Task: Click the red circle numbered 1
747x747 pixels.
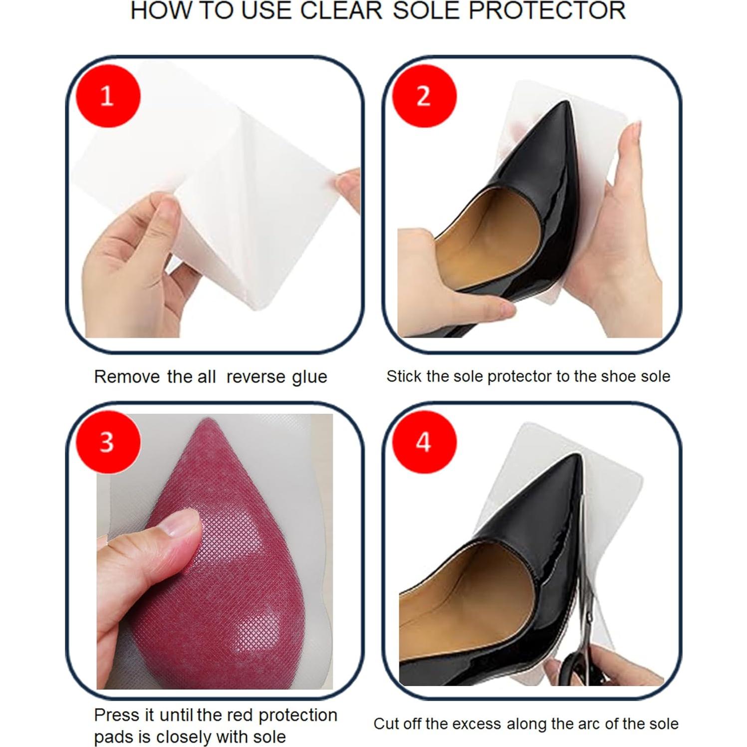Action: [108, 95]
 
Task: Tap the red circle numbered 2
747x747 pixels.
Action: [424, 95]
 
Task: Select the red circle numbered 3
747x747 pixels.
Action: [108, 442]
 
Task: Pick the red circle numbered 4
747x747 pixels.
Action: [424, 442]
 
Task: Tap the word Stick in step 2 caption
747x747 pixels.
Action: [405, 376]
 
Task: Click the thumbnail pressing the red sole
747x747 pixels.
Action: [184, 525]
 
